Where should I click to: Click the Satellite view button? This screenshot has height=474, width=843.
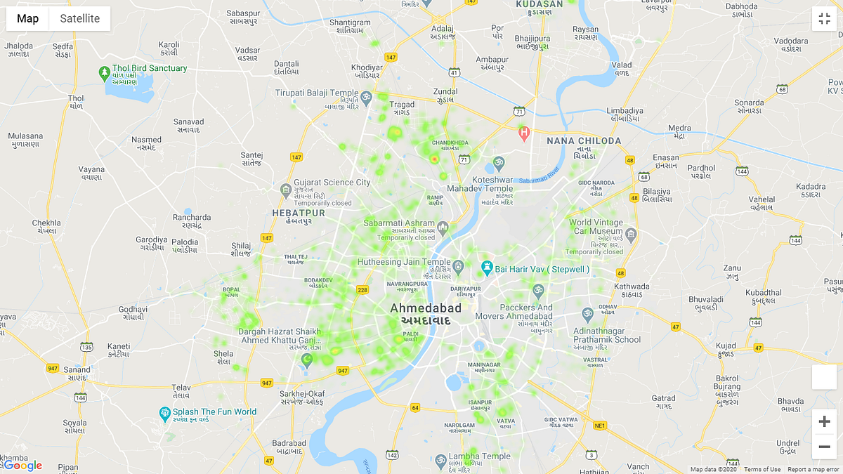tap(79, 19)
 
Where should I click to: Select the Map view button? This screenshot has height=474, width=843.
tap(28, 19)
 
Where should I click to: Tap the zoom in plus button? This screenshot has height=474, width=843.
tap(824, 421)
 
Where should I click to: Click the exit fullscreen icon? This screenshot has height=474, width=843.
tap(824, 18)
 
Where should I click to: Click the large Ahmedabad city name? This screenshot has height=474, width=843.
tap(426, 308)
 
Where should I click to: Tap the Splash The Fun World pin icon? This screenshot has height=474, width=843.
tap(165, 412)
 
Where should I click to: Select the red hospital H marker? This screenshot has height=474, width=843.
tap(523, 131)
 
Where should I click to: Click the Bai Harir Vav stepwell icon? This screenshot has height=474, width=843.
tap(486, 268)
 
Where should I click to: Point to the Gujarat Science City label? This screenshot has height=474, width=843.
tap(332, 183)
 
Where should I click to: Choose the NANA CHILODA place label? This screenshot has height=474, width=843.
tap(584, 140)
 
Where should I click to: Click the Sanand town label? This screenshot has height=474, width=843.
tap(77, 369)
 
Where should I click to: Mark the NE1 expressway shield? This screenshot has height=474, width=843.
tap(599, 426)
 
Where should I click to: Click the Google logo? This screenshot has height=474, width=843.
tap(22, 466)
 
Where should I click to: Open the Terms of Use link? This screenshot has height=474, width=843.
tap(762, 470)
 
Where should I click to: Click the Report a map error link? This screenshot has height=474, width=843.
tap(813, 470)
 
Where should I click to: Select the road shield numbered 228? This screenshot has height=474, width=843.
tap(362, 289)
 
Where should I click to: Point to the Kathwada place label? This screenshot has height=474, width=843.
tap(632, 287)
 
